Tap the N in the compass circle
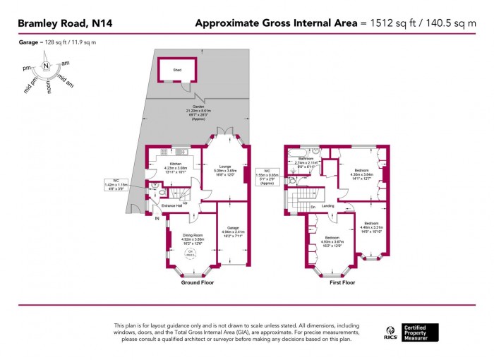point(46,66)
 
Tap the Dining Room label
point(192,235)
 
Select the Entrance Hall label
point(172,205)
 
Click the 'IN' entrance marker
point(158,218)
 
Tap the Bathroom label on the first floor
point(306,160)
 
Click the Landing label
point(328,206)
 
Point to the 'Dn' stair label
point(312,207)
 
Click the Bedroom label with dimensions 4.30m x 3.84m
point(361,171)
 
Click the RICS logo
point(389,332)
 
